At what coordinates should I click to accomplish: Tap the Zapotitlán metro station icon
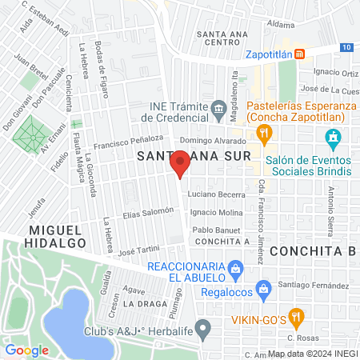[x=298, y=54]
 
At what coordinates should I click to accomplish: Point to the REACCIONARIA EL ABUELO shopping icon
[x=234, y=266]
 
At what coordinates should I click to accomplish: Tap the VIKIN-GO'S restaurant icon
[x=295, y=315]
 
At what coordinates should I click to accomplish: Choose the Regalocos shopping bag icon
[x=260, y=287]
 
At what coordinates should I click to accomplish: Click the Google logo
[x=26, y=350]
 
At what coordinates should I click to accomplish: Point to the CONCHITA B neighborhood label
[x=311, y=251]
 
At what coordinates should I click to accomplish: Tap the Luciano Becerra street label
[x=216, y=194]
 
